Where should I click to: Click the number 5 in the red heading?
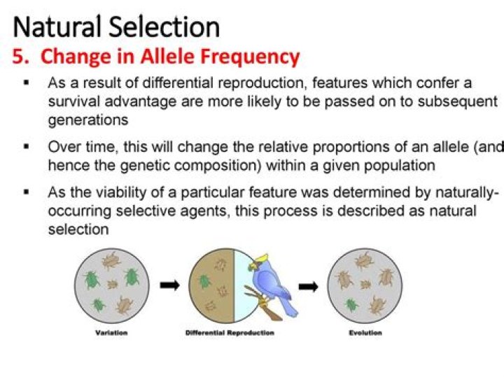pos(17,57)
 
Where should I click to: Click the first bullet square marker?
pos(26,83)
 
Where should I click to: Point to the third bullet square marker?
pos(26,191)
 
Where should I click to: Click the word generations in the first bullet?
pos(87,120)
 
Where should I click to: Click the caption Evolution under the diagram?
pos(365,333)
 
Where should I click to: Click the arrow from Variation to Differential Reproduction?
pos(169,285)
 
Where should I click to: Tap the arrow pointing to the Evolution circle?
pos(308,285)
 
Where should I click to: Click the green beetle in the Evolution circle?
pos(352,305)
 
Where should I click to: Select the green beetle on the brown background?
pos(204,281)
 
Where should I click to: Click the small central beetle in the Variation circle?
pos(112,285)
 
